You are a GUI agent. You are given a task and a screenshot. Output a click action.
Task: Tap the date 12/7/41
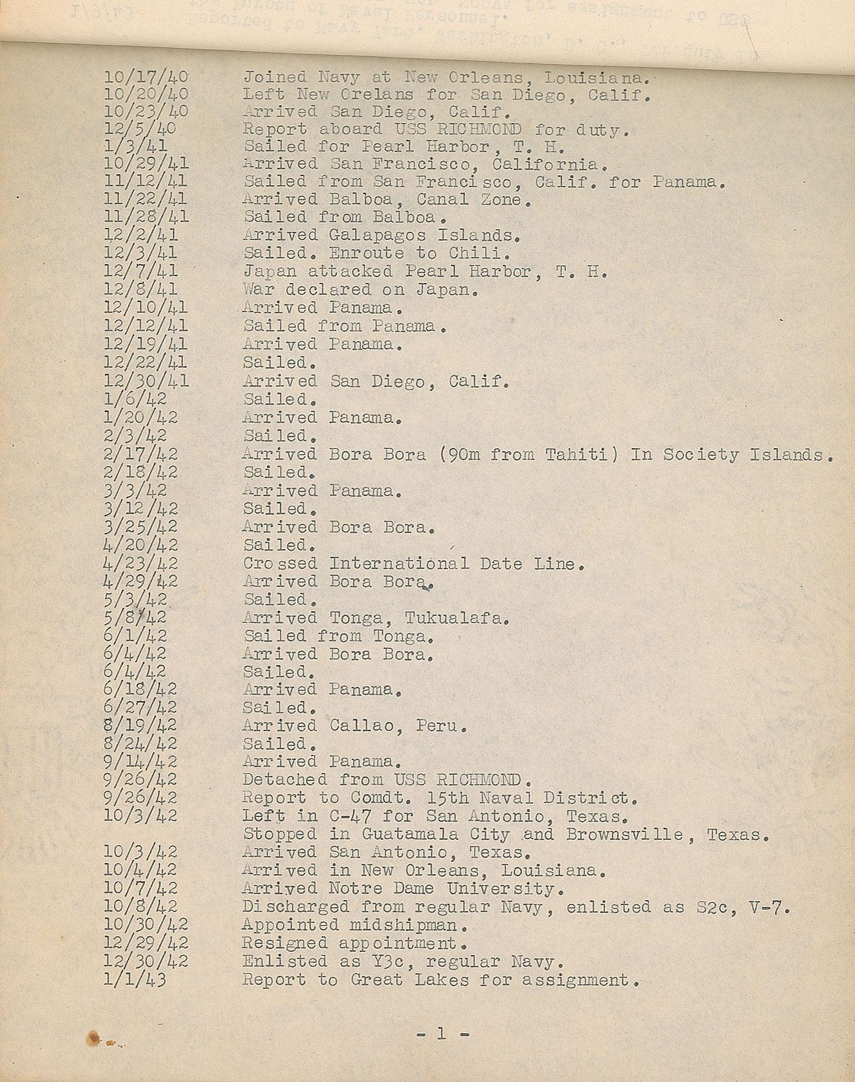141,271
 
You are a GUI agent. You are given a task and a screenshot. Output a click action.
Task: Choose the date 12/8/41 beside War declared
141,289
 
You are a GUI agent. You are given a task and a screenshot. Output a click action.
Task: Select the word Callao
359,725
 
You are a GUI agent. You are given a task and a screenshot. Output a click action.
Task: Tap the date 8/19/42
141,725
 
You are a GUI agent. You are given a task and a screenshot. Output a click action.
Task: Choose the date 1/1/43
135,980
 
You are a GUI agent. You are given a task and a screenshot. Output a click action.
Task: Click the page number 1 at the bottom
441,1033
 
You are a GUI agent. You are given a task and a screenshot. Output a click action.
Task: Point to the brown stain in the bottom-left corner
95,1038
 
